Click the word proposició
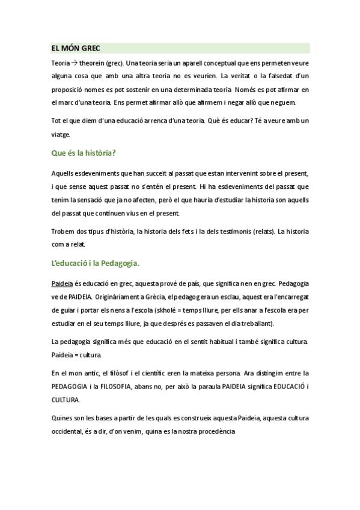click(67, 90)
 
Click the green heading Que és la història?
click(84, 153)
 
